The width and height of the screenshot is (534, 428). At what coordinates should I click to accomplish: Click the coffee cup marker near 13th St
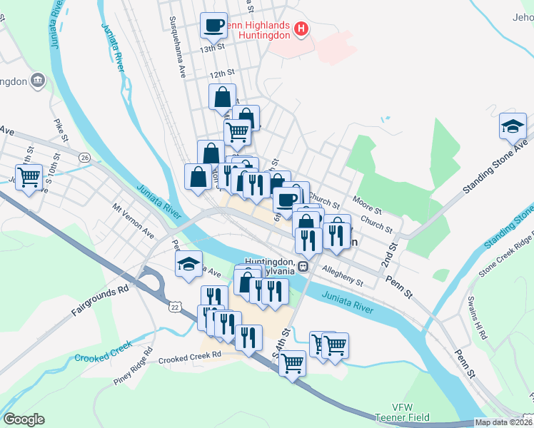pos(213,27)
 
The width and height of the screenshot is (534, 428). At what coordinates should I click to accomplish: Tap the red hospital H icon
pos(301,30)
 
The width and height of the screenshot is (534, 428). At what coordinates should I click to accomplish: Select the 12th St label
pos(222,73)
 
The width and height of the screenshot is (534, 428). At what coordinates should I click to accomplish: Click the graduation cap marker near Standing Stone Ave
pos(513,126)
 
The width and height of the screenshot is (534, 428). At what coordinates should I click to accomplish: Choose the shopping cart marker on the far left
pos(29,176)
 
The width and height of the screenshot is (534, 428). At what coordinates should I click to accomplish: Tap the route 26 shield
pos(85,157)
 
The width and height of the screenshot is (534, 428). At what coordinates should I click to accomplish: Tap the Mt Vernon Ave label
pos(133,222)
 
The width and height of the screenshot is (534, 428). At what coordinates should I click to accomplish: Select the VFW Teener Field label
pos(393,412)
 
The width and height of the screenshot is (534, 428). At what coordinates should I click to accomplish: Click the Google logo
pos(24,419)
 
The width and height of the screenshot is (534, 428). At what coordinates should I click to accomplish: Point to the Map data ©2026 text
pos(503,422)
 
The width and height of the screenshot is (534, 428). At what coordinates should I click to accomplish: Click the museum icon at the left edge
pos(38,81)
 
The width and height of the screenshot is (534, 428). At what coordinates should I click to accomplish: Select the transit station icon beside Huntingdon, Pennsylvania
pos(303,267)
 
